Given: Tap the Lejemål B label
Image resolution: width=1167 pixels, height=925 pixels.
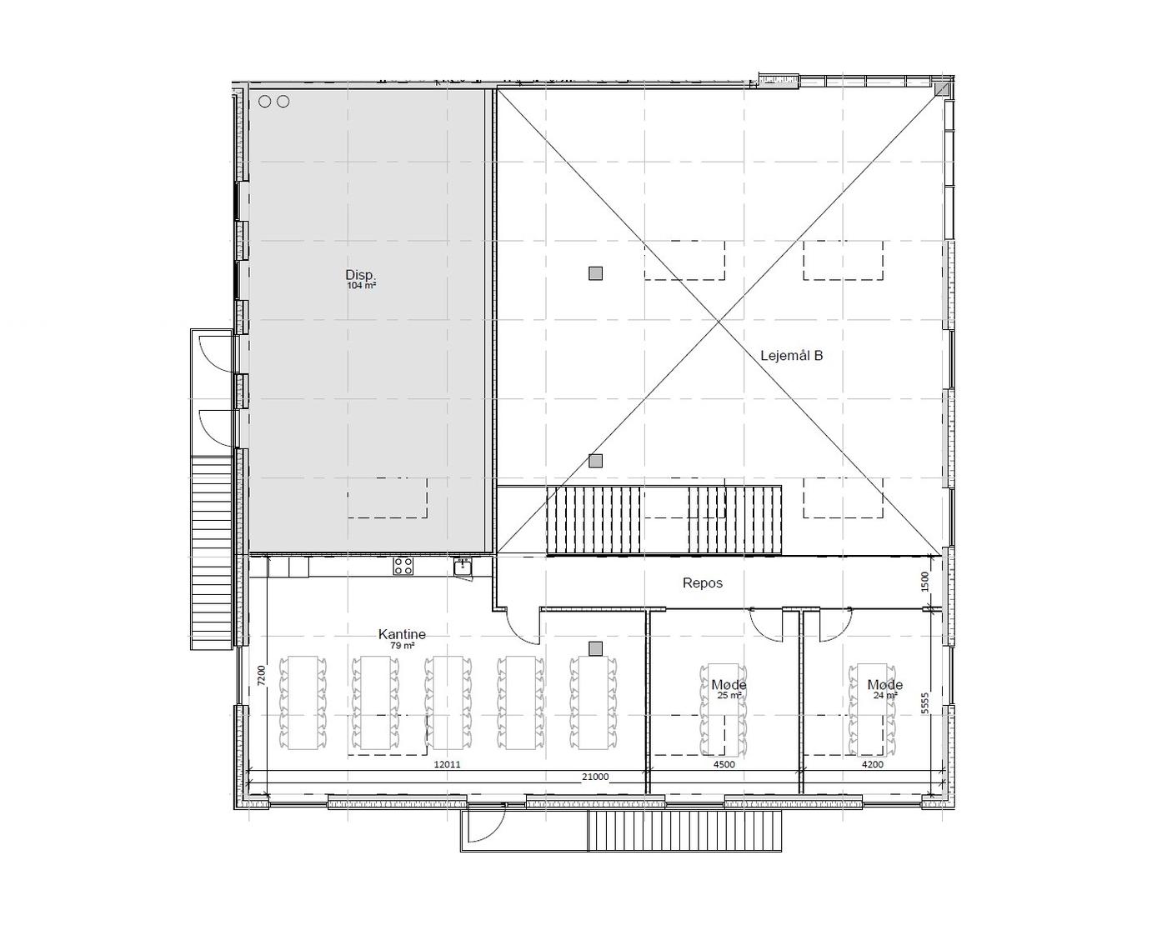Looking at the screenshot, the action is coord(791,356).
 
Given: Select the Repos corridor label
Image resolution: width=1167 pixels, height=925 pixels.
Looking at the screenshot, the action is coord(702,582).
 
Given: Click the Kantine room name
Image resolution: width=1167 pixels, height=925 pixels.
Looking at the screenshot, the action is coord(402,634).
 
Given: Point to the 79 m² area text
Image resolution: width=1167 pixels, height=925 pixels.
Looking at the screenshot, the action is coord(403,645).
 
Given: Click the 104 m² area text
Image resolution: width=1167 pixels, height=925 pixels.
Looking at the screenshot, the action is coord(362,285).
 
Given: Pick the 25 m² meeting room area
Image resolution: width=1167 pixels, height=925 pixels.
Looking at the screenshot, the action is coord(729,695).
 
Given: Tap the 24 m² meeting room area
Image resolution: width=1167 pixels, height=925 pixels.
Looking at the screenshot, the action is coord(885,695).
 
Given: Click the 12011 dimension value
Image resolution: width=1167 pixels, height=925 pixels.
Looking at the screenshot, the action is coord(448,764).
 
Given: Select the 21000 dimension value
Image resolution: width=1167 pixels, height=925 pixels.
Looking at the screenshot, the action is coord(595,777).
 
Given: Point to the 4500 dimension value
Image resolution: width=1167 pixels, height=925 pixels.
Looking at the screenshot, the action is coord(724,764).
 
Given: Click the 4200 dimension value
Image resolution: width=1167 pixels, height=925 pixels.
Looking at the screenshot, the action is coord(872,764).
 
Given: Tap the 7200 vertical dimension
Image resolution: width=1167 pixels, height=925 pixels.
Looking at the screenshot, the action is coord(262,676).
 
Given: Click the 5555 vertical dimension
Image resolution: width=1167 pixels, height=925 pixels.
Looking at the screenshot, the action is coord(925,703).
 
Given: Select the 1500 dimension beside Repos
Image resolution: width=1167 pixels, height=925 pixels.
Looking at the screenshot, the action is coord(925,581).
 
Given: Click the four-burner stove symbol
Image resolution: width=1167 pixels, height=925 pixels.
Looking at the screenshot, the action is coord(403,566).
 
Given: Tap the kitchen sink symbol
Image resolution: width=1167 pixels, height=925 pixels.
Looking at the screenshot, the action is coord(463,567).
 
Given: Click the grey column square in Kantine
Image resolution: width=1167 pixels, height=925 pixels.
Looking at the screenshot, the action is coord(595,648).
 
